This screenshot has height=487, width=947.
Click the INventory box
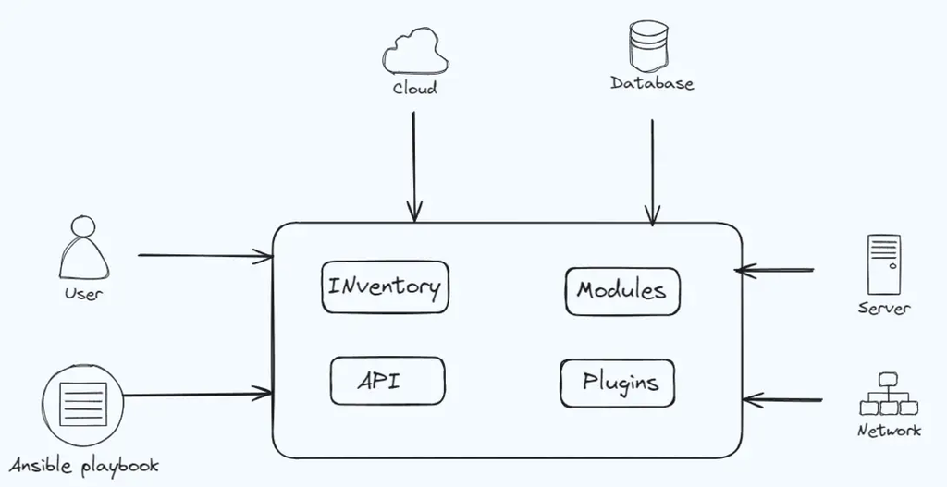click(x=384, y=287)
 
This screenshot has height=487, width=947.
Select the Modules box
click(x=621, y=291)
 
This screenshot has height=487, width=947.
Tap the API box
click(x=387, y=380)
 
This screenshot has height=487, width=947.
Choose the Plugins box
click(x=617, y=383)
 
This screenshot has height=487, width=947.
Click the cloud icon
click(x=415, y=52)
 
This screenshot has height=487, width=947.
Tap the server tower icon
click(x=883, y=264)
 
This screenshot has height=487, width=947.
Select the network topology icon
click(x=888, y=395)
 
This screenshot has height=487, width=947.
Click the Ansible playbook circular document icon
click(x=81, y=405)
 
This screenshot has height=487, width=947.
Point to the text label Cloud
click(x=414, y=90)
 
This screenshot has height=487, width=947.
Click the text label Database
click(x=652, y=84)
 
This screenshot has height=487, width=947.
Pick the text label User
click(x=83, y=295)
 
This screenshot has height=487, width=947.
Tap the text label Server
click(x=883, y=309)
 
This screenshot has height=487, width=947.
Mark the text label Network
click(x=889, y=431)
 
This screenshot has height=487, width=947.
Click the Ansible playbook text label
click(x=84, y=465)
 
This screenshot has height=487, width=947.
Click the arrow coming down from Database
click(x=652, y=171)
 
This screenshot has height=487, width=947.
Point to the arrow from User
click(x=203, y=256)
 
